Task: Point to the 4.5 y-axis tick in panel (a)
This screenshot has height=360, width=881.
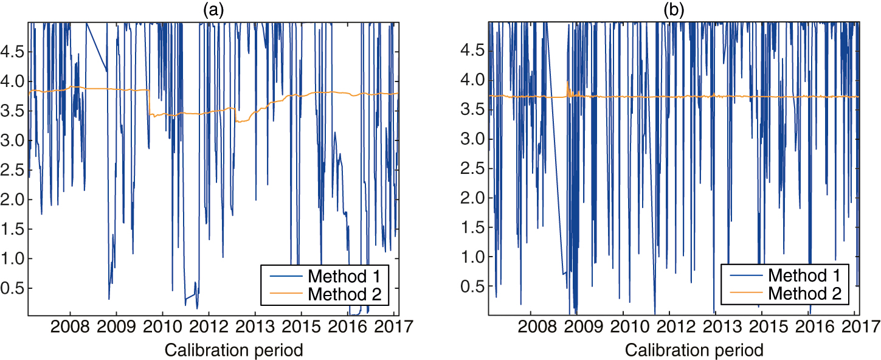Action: click(x=12, y=52)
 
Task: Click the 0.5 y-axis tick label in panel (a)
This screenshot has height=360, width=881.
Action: click(x=12, y=288)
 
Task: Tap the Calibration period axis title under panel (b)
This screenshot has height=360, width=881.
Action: click(x=693, y=350)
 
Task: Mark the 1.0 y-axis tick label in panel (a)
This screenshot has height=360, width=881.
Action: click(x=12, y=259)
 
